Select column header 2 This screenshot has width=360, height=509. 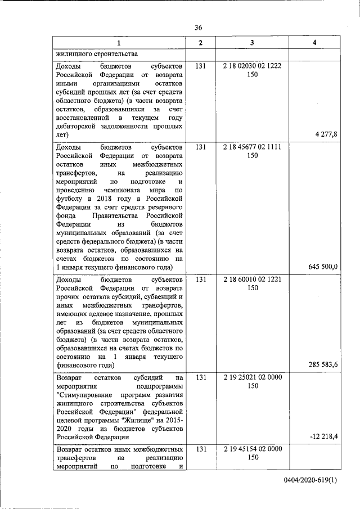(201, 43)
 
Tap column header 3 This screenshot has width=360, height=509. (252, 43)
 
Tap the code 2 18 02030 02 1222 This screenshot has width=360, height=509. (252, 66)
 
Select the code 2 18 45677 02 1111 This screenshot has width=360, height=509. (252, 147)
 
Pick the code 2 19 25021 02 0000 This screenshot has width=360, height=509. (252, 377)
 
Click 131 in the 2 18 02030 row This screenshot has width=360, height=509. (201, 66)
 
